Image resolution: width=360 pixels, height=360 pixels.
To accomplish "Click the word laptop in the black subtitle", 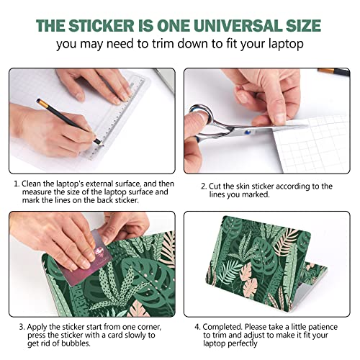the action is coord(286,45).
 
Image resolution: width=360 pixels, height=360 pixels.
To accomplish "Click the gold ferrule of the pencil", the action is coord(43,103).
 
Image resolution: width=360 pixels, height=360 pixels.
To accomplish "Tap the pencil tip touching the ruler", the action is coord(101,144).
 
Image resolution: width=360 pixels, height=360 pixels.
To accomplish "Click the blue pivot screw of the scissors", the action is coord(248,132).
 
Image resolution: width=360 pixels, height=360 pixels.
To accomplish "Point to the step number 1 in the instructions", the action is coord(17,184).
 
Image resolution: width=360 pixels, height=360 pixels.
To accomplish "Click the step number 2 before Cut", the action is coord(204,186).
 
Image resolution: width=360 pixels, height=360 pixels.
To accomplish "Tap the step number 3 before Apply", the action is coord(22,327).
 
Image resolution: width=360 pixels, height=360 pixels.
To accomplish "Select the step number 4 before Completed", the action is coord(197,327).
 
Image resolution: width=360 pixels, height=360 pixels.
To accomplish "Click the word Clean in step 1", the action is coord(31,184).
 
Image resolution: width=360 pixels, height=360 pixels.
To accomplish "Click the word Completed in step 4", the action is coord(222,327).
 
